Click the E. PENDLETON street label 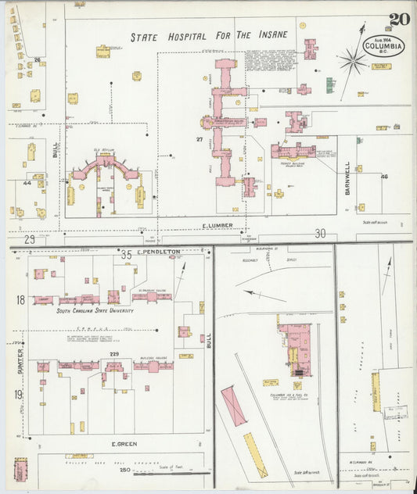tap(159, 252)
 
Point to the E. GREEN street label tap(124, 444)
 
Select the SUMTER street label tap(20, 360)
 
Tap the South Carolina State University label tap(95, 310)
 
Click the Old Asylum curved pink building tap(105, 164)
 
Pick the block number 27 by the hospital tap(200, 140)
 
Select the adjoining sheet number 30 tap(320, 233)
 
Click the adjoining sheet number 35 tap(126, 253)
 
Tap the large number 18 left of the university tap(20, 299)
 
